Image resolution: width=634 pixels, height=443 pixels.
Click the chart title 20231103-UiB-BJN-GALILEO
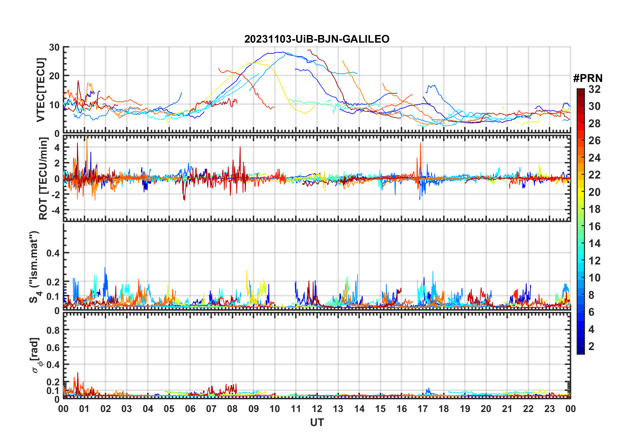coord(317,39)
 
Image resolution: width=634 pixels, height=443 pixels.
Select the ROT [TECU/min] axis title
coord(43,178)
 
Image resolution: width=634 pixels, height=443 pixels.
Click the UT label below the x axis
coord(317,423)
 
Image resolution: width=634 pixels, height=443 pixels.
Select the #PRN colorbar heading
coord(588,78)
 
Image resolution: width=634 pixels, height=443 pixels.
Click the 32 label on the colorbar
coord(594,89)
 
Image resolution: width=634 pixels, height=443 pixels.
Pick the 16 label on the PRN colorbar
coord(594,226)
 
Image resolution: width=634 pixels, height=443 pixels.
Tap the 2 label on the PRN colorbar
coord(591,346)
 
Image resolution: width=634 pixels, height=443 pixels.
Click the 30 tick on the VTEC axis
coord(54,48)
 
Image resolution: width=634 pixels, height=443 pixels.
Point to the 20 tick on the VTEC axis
coord(54,76)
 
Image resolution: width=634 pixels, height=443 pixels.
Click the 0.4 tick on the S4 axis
coord(53,253)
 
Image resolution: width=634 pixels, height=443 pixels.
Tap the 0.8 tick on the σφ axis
coord(53,330)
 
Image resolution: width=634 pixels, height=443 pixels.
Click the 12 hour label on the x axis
coord(317,409)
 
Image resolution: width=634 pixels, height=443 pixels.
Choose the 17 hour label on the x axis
coord(423,409)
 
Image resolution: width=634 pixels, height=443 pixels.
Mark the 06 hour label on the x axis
coord(190,409)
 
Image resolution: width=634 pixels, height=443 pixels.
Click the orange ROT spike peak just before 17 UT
coord(421,143)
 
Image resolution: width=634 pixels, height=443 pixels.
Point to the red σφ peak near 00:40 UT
coord(78,373)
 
